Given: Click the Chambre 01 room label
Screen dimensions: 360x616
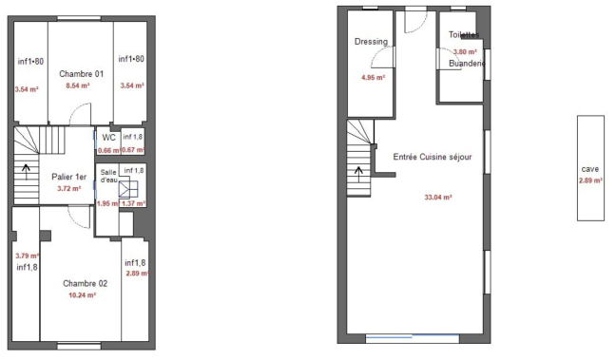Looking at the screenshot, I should pos(81,73).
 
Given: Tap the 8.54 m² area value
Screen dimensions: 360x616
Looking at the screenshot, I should pos(78,85).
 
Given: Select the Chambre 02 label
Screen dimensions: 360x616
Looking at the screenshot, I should pos(85,283).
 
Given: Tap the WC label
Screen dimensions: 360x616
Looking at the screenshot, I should pos(108,137).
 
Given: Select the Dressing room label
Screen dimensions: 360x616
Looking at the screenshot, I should pos(371,42).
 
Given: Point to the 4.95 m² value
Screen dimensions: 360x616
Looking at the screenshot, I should pos(372,78).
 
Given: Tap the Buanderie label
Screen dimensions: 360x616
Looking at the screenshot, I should pos(467,64).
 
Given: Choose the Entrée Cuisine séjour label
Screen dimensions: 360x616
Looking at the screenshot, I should pos(433,157).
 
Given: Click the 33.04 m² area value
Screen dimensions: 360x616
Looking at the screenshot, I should pos(437,198).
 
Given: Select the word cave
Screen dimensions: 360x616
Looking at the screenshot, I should pos(589,169).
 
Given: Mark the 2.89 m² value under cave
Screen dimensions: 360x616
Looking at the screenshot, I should pos(590,180).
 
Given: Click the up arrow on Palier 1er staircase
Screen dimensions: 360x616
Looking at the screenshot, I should pos(25,174).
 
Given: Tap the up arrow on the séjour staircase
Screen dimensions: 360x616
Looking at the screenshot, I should pos(358,172).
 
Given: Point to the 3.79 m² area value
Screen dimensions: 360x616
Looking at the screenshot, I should pos(26,256).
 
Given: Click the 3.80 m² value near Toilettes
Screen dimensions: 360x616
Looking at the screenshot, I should pos(465,52).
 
